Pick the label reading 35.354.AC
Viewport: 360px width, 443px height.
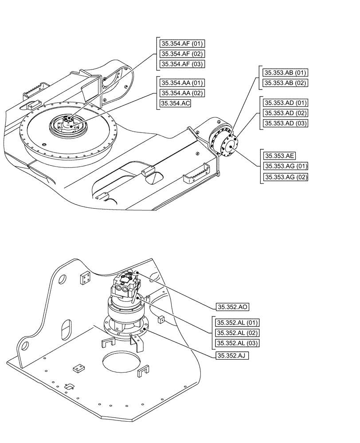(x=176, y=103)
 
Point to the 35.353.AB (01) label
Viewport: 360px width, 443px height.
(x=285, y=73)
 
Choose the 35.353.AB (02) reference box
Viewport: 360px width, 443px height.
(x=285, y=83)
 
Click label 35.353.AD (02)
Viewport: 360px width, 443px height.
(x=285, y=113)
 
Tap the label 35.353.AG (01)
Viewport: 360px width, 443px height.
(x=285, y=166)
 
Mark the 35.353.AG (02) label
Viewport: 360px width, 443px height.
(x=285, y=177)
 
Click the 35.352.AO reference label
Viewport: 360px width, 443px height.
(x=232, y=307)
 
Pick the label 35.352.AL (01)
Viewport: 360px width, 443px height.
(x=237, y=323)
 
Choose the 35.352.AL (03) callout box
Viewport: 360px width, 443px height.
(x=237, y=343)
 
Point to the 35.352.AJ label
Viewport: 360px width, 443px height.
(x=232, y=355)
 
